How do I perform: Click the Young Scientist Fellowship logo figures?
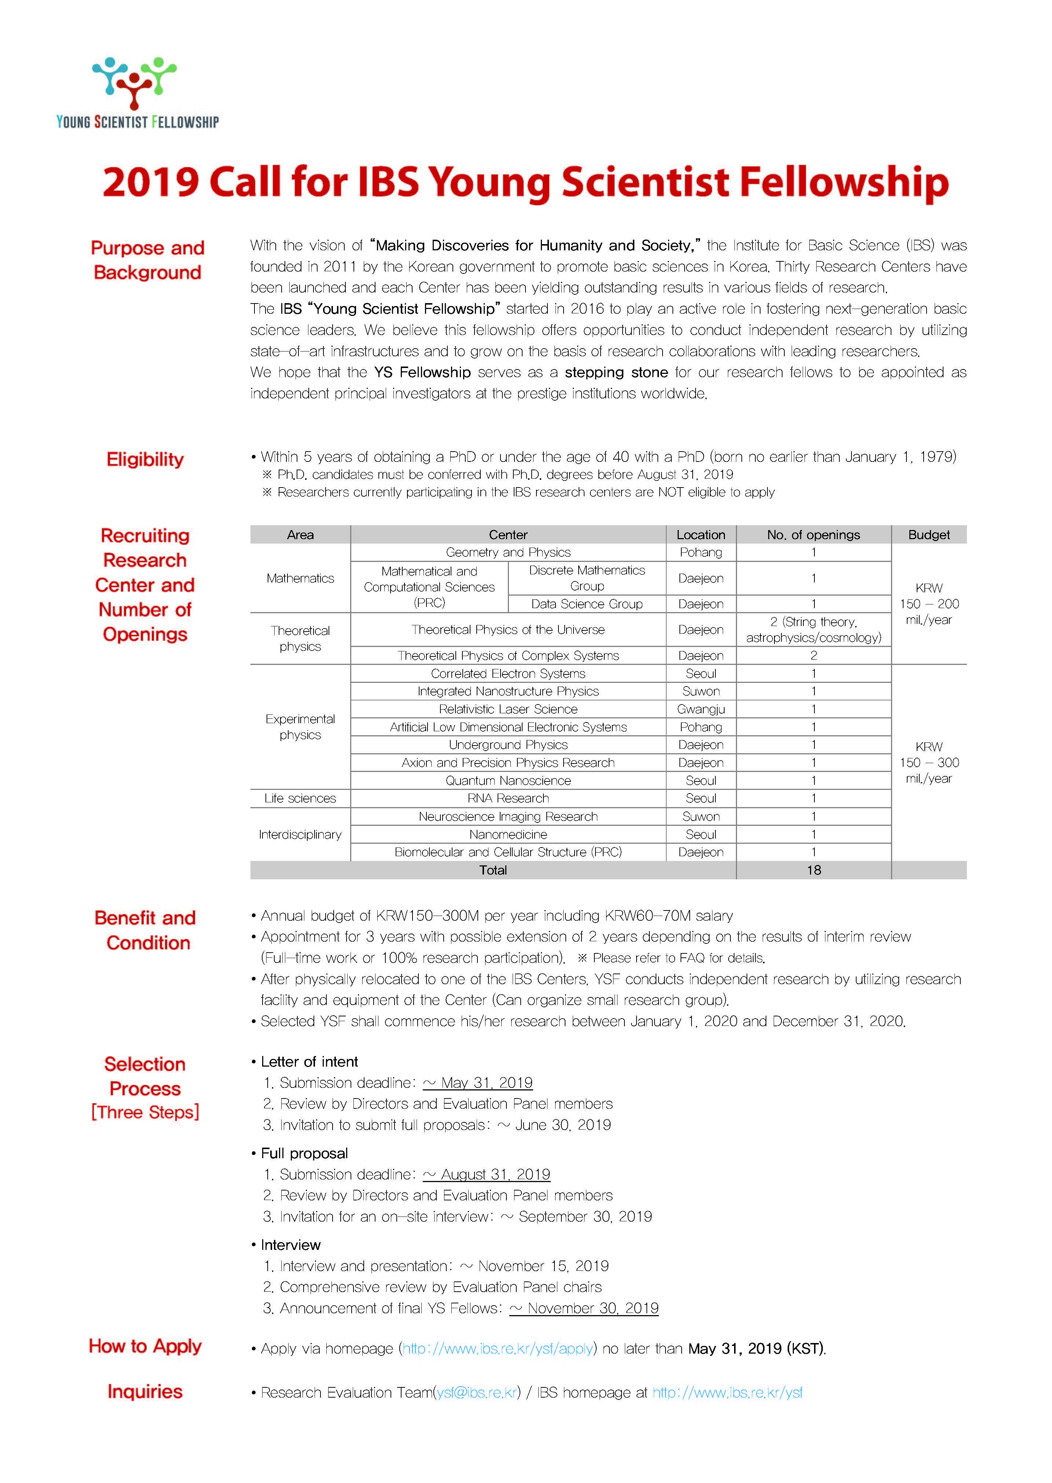[135, 81]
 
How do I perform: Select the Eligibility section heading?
[145, 459]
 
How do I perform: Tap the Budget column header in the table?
[928, 534]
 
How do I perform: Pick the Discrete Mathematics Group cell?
[587, 578]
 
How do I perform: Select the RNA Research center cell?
[508, 798]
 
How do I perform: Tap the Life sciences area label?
[300, 798]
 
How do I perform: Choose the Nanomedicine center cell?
[508, 835]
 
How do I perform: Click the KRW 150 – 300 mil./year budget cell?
[928, 762]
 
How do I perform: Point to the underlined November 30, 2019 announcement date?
[592, 1308]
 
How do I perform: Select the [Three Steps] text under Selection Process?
[145, 1112]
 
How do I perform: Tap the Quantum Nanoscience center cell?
[508, 780]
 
